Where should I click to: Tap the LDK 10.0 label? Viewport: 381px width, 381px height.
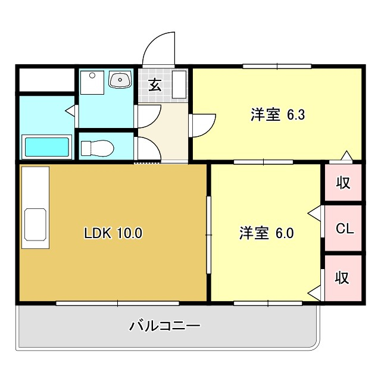point(113,233)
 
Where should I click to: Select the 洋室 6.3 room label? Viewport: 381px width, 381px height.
point(277,114)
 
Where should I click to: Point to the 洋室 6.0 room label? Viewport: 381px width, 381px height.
point(267,233)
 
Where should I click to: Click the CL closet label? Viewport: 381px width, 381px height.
point(345,229)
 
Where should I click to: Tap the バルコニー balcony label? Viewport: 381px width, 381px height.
point(165,326)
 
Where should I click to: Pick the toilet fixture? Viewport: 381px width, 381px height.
point(97,148)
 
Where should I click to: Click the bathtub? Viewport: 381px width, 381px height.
point(46,147)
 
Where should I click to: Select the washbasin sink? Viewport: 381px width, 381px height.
point(120,79)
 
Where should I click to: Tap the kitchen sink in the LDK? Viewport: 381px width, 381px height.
point(35,224)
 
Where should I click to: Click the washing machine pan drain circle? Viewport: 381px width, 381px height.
point(92,76)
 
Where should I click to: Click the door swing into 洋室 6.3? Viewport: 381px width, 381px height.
point(202,126)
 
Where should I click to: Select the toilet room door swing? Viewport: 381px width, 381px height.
point(148,148)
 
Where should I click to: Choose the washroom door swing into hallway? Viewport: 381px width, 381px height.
point(148,116)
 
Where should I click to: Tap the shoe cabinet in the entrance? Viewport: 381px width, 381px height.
point(179,85)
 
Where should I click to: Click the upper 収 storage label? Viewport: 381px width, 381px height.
point(343,182)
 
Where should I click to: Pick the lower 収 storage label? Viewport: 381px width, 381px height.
point(342,277)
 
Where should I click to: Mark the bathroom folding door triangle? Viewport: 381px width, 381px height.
point(70,111)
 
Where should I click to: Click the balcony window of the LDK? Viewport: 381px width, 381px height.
point(118,303)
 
